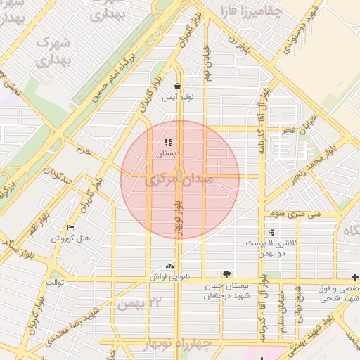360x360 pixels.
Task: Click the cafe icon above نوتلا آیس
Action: tap(176, 86)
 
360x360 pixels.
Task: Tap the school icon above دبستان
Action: tap(168, 143)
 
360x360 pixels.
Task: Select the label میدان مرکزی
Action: tap(181, 182)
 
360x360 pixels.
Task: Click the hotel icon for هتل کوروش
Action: tap(70, 228)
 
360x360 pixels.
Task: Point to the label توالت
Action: tap(55, 282)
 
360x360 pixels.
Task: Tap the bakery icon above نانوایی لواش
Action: tap(169, 266)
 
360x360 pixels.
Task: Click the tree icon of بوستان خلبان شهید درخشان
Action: tap(226, 274)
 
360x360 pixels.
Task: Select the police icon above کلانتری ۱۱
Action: tap(271, 232)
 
